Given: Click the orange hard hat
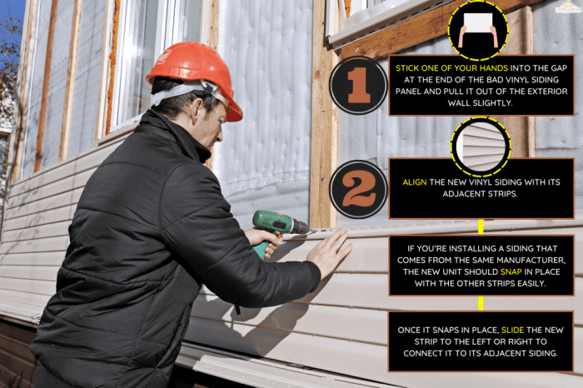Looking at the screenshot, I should coord(193,71).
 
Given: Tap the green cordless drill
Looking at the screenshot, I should coord(275,225).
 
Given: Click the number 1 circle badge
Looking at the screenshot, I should coord(358,86).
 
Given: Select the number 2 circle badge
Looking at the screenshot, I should coord(358,189).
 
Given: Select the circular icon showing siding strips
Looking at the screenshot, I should coord(481,147).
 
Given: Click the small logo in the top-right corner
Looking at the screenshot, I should coord(569,7).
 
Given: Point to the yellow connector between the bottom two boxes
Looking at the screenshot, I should coord(481,303).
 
